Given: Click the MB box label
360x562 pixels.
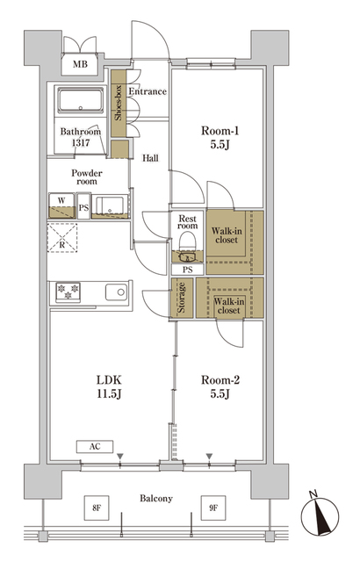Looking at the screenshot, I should click(x=80, y=64).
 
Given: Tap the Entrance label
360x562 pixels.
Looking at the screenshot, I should click(x=148, y=92).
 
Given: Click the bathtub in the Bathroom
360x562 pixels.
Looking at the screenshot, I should click(x=81, y=103).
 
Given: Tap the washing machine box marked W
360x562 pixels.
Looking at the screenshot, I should click(x=62, y=205).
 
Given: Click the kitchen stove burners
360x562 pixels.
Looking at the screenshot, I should click(x=68, y=292).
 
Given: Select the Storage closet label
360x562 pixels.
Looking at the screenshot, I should click(x=182, y=299).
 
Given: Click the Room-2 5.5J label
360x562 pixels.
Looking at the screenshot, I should click(x=220, y=386).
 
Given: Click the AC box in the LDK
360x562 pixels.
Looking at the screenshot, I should click(x=95, y=447).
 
